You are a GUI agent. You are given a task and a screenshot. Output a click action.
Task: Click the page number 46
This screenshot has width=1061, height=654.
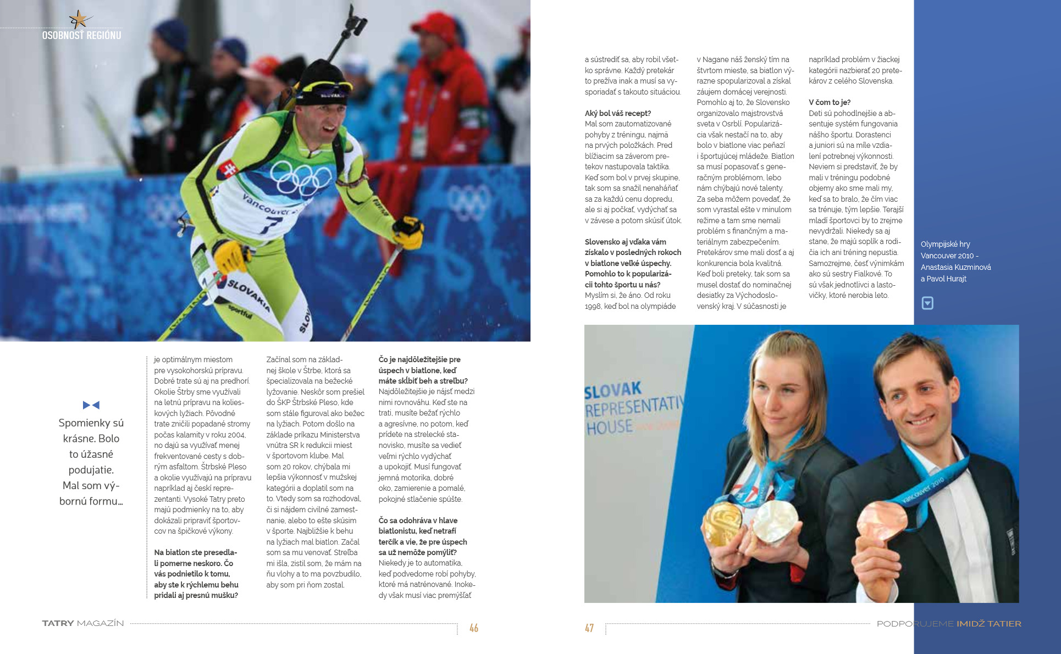[473, 628]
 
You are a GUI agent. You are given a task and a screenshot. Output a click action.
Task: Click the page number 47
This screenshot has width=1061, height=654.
[589, 628]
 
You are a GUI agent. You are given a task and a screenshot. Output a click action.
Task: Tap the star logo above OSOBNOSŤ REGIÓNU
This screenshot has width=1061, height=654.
[79, 20]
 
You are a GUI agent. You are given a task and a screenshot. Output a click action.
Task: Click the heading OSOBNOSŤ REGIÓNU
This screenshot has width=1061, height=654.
[81, 35]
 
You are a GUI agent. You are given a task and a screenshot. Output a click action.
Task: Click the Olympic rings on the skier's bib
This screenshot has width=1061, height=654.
[301, 178]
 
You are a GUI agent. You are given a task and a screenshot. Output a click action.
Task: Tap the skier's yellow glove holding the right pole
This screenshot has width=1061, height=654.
[408, 231]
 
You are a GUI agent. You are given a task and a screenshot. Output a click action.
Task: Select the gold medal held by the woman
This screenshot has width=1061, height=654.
[722, 522]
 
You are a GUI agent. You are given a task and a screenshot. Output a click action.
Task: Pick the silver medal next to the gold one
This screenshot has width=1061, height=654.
[775, 520]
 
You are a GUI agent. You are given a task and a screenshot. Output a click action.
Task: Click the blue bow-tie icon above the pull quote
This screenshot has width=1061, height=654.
[91, 405]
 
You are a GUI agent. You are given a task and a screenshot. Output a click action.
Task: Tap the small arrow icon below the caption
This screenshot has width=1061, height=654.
[927, 303]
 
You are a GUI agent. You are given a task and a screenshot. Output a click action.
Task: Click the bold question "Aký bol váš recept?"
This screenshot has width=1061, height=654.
[617, 113]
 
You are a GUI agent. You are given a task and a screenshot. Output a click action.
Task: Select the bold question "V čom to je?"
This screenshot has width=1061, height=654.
[830, 102]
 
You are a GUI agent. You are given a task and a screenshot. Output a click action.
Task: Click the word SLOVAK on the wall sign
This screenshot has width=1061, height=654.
[612, 391]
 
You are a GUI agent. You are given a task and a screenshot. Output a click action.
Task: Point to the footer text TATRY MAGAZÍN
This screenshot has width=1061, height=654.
[83, 623]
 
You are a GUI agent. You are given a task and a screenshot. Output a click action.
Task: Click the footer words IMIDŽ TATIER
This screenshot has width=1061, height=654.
[988, 624]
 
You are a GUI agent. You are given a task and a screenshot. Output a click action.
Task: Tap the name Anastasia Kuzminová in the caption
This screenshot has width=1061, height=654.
[955, 267]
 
